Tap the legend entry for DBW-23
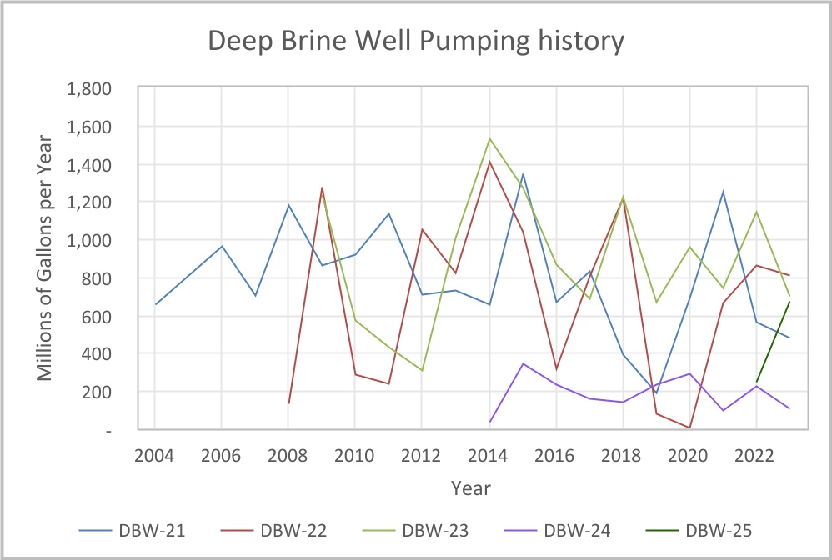tap(434, 529)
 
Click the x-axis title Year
tap(471, 487)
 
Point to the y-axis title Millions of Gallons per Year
tap(45, 258)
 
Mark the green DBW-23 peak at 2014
tap(489, 138)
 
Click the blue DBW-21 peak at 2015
tap(523, 174)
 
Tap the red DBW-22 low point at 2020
tap(689, 427)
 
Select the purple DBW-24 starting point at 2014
tap(489, 422)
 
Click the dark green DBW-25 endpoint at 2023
tap(789, 302)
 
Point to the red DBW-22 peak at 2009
tap(322, 187)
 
